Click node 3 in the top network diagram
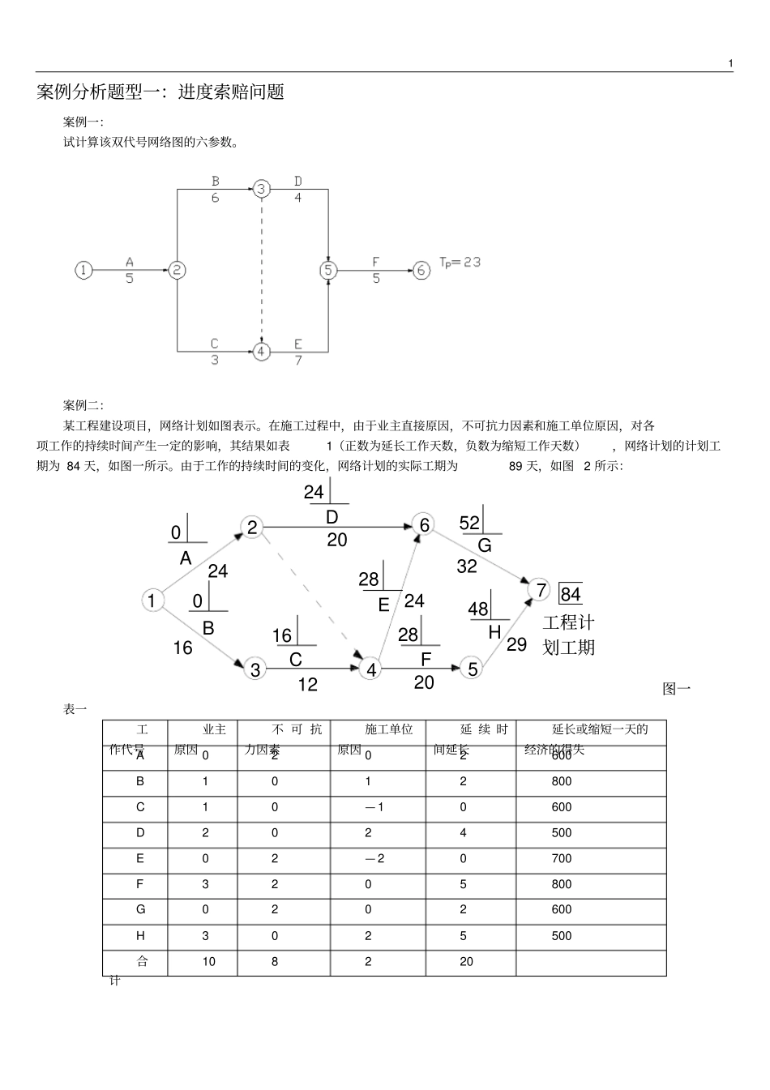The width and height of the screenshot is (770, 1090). click(261, 189)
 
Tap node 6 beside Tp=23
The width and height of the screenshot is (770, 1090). click(421, 270)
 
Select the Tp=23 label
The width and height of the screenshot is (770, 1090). click(460, 262)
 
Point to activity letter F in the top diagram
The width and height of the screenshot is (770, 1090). click(375, 262)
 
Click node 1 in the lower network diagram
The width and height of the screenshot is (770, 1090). click(152, 601)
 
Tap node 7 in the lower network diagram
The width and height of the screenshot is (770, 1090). click(541, 590)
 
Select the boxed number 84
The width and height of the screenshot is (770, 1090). click(571, 594)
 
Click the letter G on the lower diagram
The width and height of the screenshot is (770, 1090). click(485, 545)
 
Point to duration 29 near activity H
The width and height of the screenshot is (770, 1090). click(516, 644)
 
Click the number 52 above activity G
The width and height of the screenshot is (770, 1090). click(469, 524)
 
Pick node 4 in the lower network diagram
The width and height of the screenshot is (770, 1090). click(371, 669)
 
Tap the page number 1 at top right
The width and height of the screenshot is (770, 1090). click(730, 63)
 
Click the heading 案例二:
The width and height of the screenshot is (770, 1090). click(83, 405)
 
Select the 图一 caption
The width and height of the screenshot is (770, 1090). click(676, 689)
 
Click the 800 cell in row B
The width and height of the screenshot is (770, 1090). click(562, 782)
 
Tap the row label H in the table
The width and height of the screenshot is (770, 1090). click(140, 936)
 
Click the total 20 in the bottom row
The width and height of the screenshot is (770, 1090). click(466, 962)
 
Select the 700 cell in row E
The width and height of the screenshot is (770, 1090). click(562, 859)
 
